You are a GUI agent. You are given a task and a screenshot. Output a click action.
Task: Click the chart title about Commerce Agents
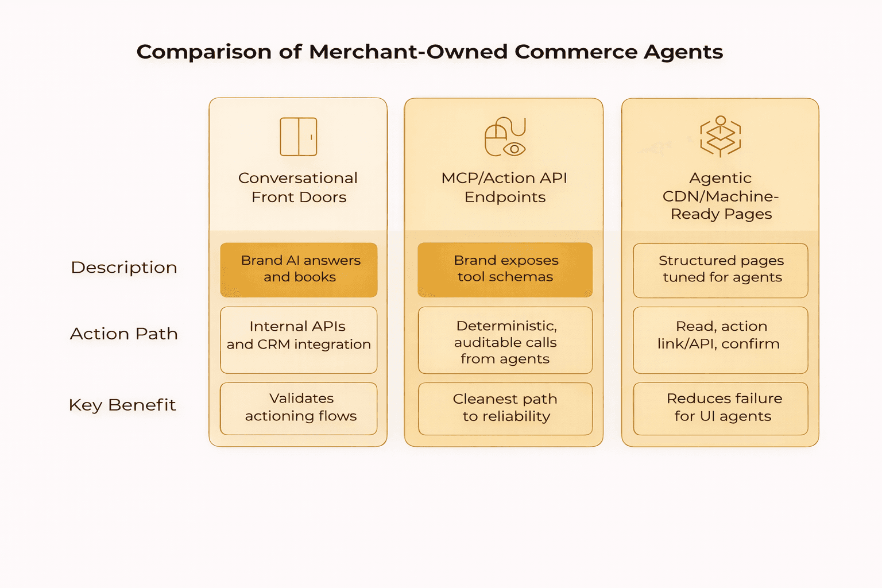tap(430, 52)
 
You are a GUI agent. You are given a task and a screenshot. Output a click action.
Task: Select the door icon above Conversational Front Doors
tap(298, 137)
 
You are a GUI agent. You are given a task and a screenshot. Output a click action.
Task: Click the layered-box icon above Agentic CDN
tap(720, 137)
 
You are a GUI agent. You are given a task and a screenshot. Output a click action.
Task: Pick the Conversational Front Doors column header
tap(298, 187)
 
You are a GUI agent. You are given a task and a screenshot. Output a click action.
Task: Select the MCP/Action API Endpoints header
tap(505, 187)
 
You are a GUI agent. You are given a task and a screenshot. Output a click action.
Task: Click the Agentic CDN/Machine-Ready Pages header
tap(721, 196)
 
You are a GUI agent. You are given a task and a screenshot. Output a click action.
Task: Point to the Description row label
tap(124, 268)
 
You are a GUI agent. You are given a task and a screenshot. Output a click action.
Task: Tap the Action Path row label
tap(124, 334)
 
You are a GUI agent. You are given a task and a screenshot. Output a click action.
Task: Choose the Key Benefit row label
tap(122, 405)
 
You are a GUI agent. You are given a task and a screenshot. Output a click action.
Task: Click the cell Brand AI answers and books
tap(299, 269)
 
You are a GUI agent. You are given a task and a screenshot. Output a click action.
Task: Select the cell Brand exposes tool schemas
tap(505, 269)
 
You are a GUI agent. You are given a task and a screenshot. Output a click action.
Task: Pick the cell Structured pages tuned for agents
tap(721, 270)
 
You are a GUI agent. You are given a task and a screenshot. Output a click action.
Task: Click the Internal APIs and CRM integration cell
tap(299, 339)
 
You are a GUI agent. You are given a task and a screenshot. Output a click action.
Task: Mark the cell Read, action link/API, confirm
tap(721, 339)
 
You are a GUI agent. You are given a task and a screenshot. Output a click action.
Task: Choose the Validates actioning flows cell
tap(299, 408)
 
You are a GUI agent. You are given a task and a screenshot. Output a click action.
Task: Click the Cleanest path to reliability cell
tap(505, 408)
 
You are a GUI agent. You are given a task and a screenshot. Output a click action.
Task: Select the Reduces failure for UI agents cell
tap(721, 408)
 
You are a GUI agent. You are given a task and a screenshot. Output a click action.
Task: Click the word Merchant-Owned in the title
tap(408, 52)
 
